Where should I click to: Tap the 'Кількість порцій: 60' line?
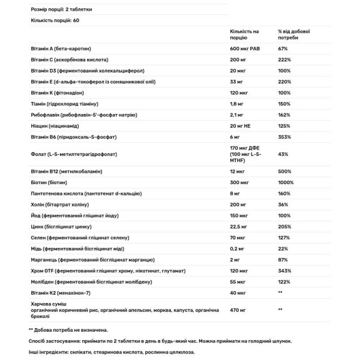(54, 21)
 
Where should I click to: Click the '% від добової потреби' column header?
(294, 34)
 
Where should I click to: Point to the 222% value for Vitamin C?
(284, 60)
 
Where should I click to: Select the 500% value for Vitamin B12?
(284, 172)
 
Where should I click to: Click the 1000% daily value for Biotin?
(286, 183)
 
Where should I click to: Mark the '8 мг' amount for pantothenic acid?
(236, 194)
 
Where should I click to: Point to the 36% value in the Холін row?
(283, 205)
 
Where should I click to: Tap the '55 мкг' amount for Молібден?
(238, 283)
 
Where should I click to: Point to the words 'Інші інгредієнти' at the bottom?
(47, 352)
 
